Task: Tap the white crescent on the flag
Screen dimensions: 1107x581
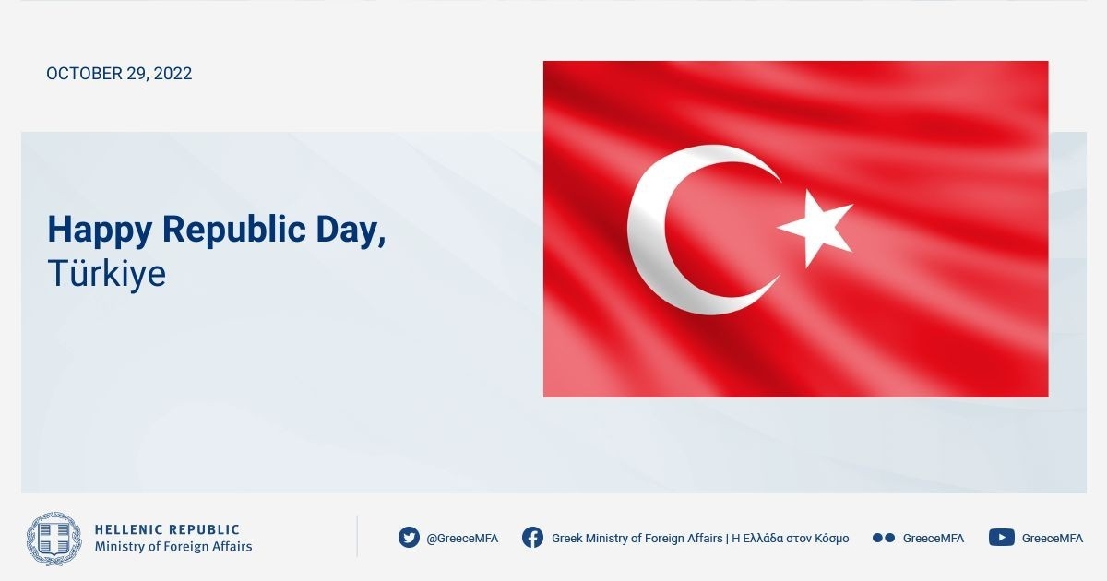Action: [648, 230]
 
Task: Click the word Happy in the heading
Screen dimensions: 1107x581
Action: [100, 231]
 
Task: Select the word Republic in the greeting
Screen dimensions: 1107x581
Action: [233, 230]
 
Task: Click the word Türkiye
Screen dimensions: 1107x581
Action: [107, 273]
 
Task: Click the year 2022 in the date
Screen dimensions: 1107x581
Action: [173, 74]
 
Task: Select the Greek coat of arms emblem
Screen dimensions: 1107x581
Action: [54, 539]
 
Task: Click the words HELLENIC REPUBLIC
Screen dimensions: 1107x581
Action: [167, 529]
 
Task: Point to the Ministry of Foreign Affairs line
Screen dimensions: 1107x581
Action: [173, 546]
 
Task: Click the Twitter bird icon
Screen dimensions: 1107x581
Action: [409, 538]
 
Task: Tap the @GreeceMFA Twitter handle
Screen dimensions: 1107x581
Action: [462, 538]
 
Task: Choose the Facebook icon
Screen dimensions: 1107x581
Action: [532, 538]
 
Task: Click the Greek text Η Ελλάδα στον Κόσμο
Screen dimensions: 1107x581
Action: [791, 538]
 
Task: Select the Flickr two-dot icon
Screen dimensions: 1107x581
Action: [884, 538]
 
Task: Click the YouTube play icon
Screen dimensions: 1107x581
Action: [1002, 538]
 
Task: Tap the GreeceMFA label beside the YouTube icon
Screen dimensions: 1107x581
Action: [1053, 538]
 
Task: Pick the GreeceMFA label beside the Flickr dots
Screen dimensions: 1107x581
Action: [933, 538]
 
